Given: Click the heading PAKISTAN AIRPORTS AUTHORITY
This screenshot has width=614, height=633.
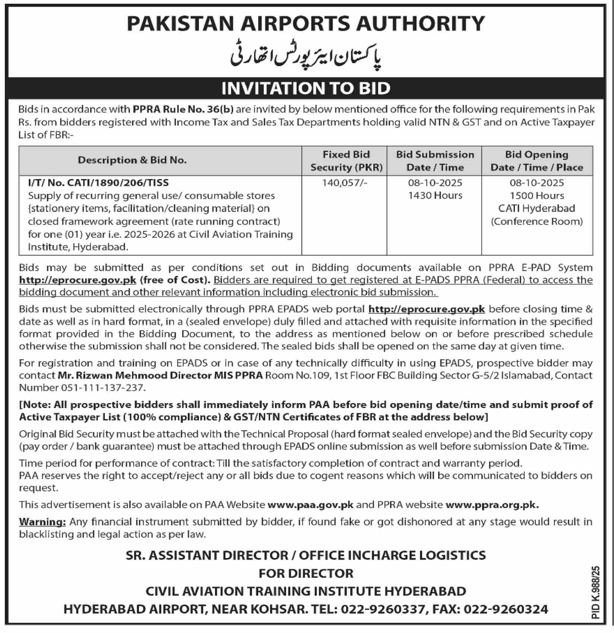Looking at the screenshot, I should (306, 23).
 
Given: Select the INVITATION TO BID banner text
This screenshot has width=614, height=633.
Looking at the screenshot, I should (306, 88).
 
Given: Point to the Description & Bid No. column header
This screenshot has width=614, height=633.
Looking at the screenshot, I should (132, 160).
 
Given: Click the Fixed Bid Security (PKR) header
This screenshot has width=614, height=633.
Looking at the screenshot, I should (346, 161).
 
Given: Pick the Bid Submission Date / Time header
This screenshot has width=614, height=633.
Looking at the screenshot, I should (435, 161).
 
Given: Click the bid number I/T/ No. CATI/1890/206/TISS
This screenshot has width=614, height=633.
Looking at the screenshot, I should (98, 183).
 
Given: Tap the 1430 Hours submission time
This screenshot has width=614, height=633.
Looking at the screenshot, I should (435, 196).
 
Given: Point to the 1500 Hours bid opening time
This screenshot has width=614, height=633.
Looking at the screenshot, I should (537, 196).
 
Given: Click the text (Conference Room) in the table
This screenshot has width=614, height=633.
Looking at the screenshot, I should (537, 221).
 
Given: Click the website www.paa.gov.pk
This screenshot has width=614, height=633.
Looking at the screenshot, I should (311, 505).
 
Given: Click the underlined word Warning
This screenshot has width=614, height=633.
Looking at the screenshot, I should (42, 522).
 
